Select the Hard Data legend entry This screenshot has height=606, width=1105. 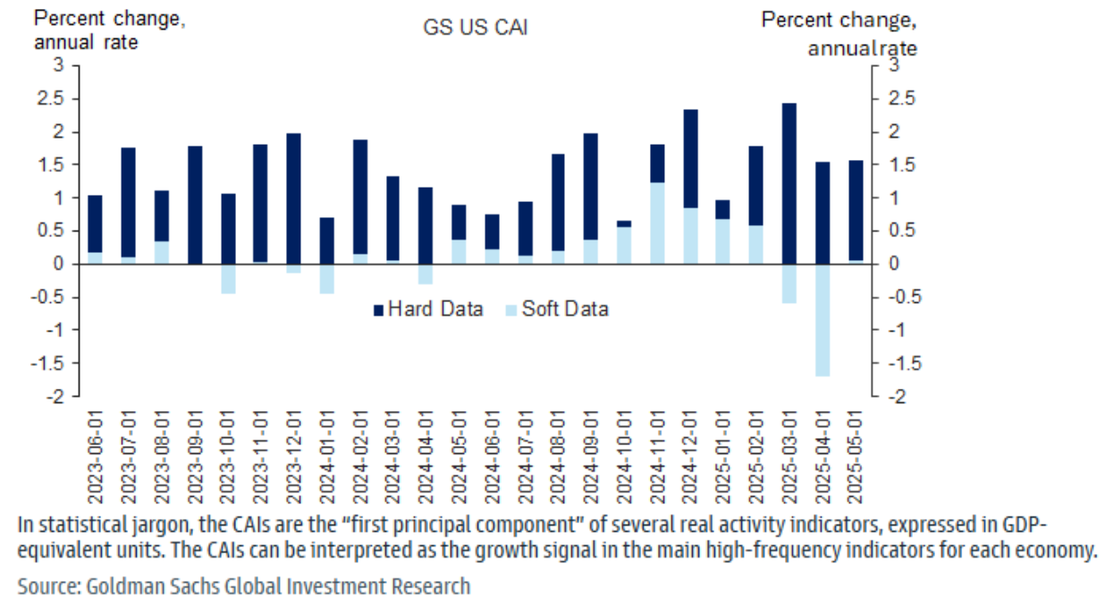(x=428, y=309)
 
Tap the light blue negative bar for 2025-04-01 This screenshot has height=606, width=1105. (x=822, y=320)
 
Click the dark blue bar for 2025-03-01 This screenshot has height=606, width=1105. (x=789, y=183)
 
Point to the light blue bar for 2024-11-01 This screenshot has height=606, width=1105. (x=657, y=223)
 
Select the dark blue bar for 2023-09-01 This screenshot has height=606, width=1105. (x=194, y=205)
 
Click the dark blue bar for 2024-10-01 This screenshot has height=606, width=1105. (x=624, y=223)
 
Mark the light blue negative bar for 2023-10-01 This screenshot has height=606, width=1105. (x=227, y=278)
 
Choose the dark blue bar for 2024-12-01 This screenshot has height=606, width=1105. (x=690, y=159)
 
